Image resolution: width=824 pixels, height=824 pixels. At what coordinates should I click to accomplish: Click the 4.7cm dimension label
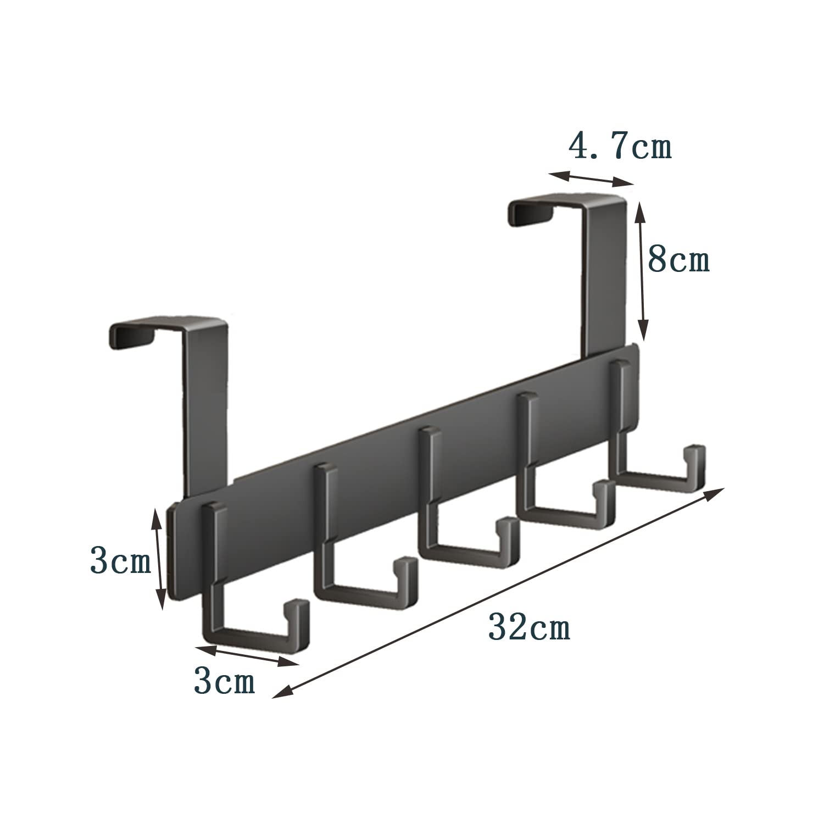pos(620,147)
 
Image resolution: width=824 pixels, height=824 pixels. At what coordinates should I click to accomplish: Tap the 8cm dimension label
pos(679,259)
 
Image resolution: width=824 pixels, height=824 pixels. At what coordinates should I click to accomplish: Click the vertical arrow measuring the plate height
pos(159,558)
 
